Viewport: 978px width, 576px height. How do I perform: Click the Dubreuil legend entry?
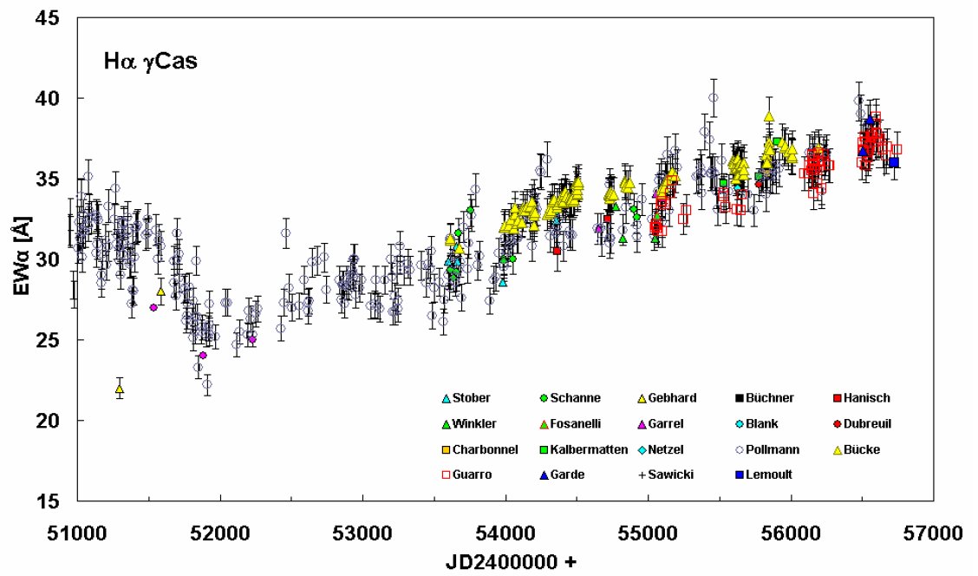pos(867,424)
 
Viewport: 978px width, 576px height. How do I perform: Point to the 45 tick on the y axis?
pos(49,18)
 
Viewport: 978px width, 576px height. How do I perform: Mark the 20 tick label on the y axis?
pos(49,421)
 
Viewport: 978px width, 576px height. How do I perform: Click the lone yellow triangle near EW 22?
pos(120,389)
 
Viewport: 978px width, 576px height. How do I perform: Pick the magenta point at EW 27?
pos(153,307)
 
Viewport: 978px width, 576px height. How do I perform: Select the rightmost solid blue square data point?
pos(894,162)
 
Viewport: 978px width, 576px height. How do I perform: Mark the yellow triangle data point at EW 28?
pos(161,291)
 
